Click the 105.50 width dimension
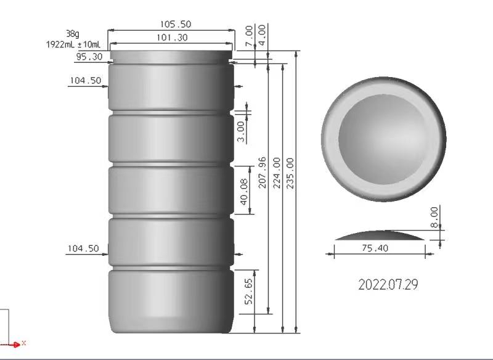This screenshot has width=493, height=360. pyautogui.click(x=176, y=24)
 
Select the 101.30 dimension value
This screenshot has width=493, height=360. pyautogui.click(x=172, y=38)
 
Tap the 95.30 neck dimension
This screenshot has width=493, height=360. pyautogui.click(x=89, y=57)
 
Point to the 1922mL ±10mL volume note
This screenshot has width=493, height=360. pyautogui.click(x=73, y=44)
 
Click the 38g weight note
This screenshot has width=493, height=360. pyautogui.click(x=73, y=34)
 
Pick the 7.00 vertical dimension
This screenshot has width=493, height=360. pyautogui.click(x=249, y=36)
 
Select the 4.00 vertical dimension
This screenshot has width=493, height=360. pyautogui.click(x=261, y=35)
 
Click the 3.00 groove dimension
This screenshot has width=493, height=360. pyautogui.click(x=240, y=132)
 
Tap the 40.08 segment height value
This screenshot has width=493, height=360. pyautogui.click(x=244, y=192)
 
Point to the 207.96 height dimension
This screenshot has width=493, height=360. pyautogui.click(x=263, y=173)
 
